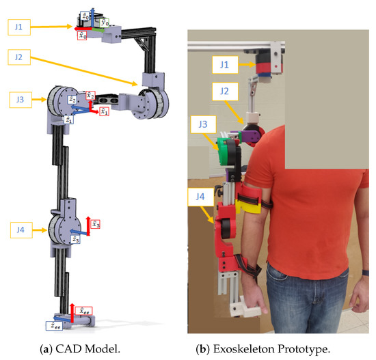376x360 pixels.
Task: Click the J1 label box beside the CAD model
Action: point(20,27)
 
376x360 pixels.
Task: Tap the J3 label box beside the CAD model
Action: point(20,100)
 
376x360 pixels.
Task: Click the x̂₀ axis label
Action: point(81,36)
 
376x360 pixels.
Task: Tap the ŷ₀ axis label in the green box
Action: point(103,23)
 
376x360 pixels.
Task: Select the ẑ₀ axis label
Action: point(83,14)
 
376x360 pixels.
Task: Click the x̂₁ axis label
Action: point(104,111)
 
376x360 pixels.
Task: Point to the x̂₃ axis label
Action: point(96,224)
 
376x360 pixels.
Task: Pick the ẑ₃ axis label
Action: point(77,239)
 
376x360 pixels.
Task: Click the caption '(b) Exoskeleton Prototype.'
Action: point(278,347)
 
